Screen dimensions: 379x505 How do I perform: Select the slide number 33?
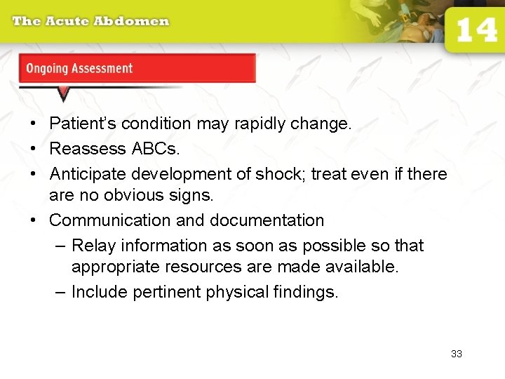pos(457,354)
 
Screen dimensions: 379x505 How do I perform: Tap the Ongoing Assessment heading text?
pos(79,69)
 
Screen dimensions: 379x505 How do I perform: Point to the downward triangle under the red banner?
pos(64,93)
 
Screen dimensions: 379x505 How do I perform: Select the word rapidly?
pos(277,124)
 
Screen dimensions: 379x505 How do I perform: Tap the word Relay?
pos(90,246)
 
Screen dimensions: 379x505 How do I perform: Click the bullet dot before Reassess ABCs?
pos(33,149)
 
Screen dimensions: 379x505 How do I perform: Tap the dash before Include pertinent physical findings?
pos(61,292)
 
